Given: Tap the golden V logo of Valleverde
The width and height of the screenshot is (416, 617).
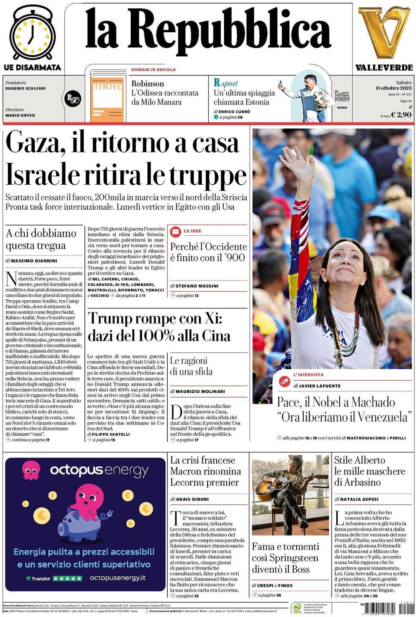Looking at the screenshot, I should (384, 32).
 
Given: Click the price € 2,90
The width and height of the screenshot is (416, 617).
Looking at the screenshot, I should (401, 115).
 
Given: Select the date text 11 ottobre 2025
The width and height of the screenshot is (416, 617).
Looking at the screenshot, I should (393, 88).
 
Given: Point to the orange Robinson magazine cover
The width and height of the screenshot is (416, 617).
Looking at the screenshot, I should (107, 99).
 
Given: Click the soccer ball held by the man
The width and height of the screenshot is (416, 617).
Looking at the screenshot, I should (320, 98).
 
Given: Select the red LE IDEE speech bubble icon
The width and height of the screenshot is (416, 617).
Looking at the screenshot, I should (175, 231).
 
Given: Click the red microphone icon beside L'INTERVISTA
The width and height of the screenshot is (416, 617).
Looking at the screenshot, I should (284, 381).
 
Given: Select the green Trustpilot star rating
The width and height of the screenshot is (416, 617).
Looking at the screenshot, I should (67, 578).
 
